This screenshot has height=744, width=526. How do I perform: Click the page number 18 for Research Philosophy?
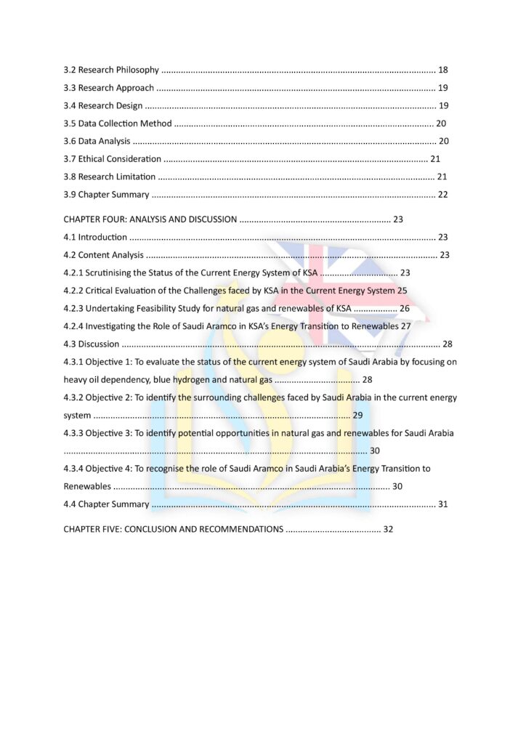[443, 70]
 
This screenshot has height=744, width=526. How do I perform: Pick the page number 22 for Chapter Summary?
[442, 195]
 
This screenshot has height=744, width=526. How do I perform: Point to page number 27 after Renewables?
[405, 326]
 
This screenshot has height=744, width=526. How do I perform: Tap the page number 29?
[357, 416]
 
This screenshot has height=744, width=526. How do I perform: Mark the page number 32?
[388, 529]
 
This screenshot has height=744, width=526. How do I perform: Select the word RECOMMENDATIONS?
[240, 529]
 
